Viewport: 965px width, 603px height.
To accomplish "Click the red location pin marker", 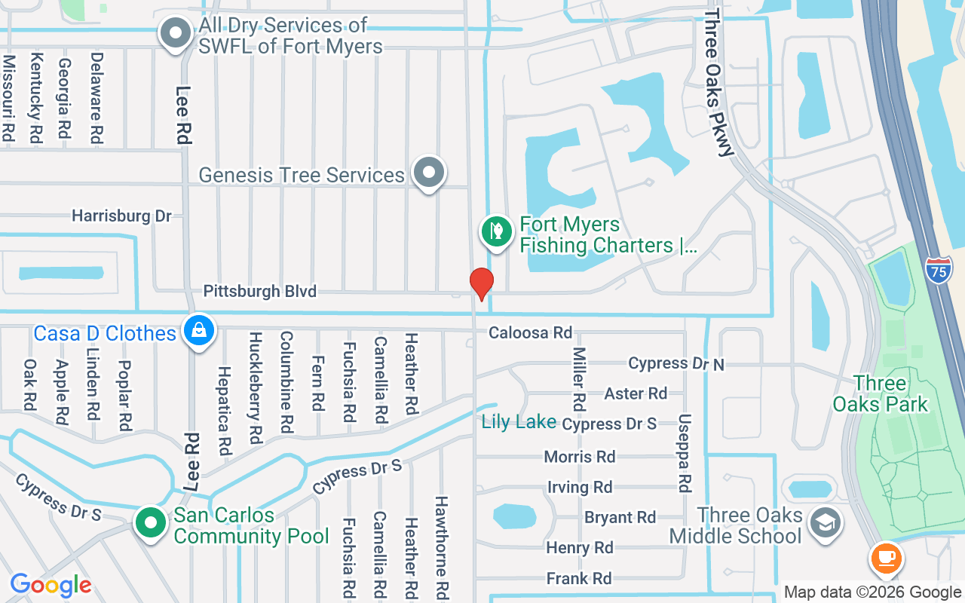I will point(481,283).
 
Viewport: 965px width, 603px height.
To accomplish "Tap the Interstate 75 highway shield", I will point(939,270).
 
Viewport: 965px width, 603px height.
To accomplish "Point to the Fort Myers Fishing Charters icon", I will point(497,231).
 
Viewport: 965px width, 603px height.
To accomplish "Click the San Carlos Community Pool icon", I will point(151,522).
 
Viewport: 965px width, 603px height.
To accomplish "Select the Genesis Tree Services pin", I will point(429,173).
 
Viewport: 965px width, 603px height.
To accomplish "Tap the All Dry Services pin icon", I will point(176,33).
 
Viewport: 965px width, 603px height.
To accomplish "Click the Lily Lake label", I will point(519,422).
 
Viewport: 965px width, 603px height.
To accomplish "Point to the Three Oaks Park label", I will point(880,393).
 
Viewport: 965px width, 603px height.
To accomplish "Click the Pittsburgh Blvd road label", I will point(259,292).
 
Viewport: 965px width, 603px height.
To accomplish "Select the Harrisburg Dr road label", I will point(121,216).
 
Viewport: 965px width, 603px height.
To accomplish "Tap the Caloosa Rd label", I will point(530,332).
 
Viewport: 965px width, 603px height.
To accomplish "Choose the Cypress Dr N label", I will point(675,364).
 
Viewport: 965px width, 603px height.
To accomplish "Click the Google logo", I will point(51,585).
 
